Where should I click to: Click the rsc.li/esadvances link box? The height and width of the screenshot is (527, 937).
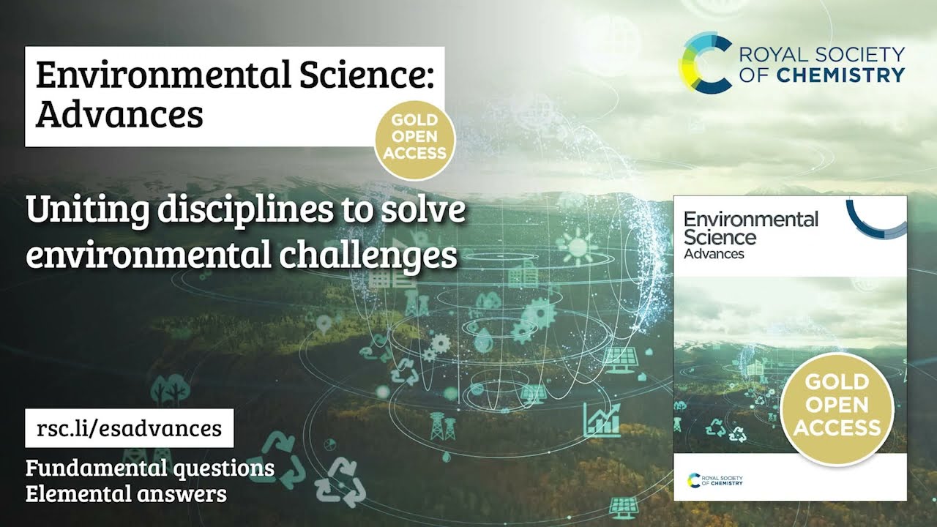[129, 428]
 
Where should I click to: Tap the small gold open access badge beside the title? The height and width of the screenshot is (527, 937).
[416, 137]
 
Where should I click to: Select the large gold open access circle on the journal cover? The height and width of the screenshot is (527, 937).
[837, 405]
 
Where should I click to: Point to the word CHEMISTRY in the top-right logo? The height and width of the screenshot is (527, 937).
[850, 75]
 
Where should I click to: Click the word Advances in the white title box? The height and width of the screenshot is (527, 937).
[119, 114]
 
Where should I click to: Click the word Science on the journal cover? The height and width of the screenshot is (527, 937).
[720, 236]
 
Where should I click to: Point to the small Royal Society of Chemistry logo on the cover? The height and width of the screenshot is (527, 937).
[715, 479]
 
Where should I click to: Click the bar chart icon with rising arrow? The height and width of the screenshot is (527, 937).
[602, 419]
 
